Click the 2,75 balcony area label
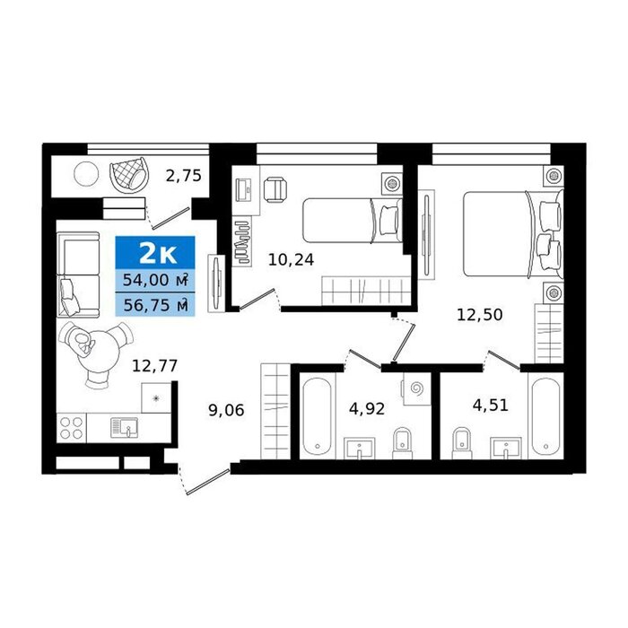click(x=183, y=176)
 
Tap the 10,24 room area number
click(x=291, y=260)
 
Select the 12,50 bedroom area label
click(x=479, y=314)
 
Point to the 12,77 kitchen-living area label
click(x=154, y=366)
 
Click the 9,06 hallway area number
click(x=226, y=410)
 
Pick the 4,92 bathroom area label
click(x=367, y=408)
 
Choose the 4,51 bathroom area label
click(x=491, y=405)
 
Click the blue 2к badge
click(x=155, y=252)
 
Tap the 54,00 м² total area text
click(x=155, y=280)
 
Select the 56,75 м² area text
click(x=155, y=305)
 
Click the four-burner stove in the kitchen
click(x=71, y=428)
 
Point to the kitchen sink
click(x=124, y=427)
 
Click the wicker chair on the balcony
click(x=129, y=174)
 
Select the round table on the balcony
click(x=86, y=173)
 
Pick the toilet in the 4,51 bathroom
click(x=462, y=443)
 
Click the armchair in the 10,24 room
click(x=275, y=190)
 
